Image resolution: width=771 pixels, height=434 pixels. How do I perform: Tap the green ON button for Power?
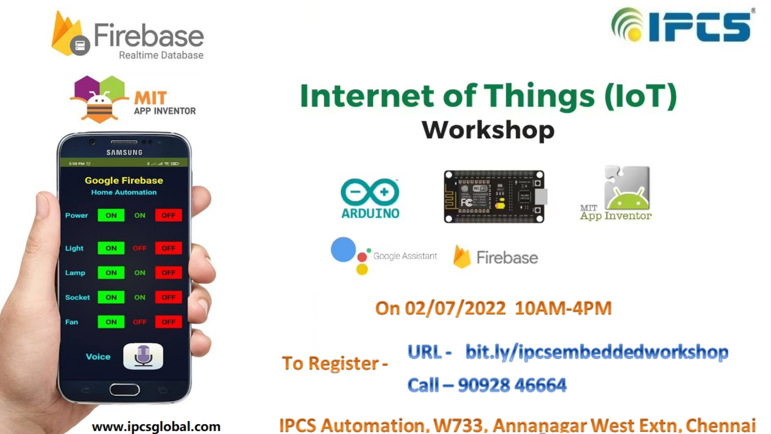(111, 215)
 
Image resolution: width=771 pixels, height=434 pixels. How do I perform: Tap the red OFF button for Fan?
(169, 322)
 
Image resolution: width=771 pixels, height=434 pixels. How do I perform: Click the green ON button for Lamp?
(111, 273)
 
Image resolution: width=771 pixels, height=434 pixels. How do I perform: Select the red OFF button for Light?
(169, 248)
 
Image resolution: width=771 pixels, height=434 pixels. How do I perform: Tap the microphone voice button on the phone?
(143, 356)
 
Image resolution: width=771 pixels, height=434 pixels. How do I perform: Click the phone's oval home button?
(124, 389)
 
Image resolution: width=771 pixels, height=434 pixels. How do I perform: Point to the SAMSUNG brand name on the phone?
(124, 153)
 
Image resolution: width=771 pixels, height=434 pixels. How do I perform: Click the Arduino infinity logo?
(370, 192)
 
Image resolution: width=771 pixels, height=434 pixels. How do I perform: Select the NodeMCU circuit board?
(494, 197)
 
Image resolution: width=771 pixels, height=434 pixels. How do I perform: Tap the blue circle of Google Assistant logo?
(343, 250)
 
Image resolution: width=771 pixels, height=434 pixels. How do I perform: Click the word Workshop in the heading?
(488, 130)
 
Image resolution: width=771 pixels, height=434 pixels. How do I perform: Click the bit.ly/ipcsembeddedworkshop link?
(597, 352)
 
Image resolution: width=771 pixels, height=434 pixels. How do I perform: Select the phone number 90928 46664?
(512, 385)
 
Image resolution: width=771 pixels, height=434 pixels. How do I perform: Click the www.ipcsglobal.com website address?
(156, 426)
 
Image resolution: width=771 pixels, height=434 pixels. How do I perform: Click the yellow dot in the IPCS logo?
(635, 35)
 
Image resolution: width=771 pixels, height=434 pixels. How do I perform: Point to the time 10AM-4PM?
(563, 308)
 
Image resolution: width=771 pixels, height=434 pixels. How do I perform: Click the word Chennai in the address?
(720, 426)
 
